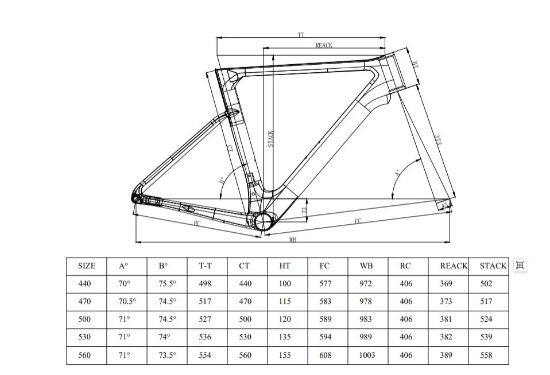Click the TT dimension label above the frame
[x=301, y=36]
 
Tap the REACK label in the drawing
[x=324, y=45]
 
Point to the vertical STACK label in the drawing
[x=271, y=139]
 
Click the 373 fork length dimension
[x=438, y=140]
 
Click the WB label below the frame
[x=292, y=241]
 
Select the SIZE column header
[x=87, y=266]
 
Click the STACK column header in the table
[x=493, y=266]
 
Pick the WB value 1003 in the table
[x=367, y=355]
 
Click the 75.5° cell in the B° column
[x=167, y=284]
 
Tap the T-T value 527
[x=205, y=319]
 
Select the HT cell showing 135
[x=285, y=337]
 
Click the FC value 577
[x=325, y=284]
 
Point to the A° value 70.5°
[x=126, y=302]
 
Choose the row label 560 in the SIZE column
[x=84, y=355]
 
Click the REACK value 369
[x=446, y=284]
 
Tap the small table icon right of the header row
[x=520, y=265]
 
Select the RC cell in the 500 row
[x=405, y=319]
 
